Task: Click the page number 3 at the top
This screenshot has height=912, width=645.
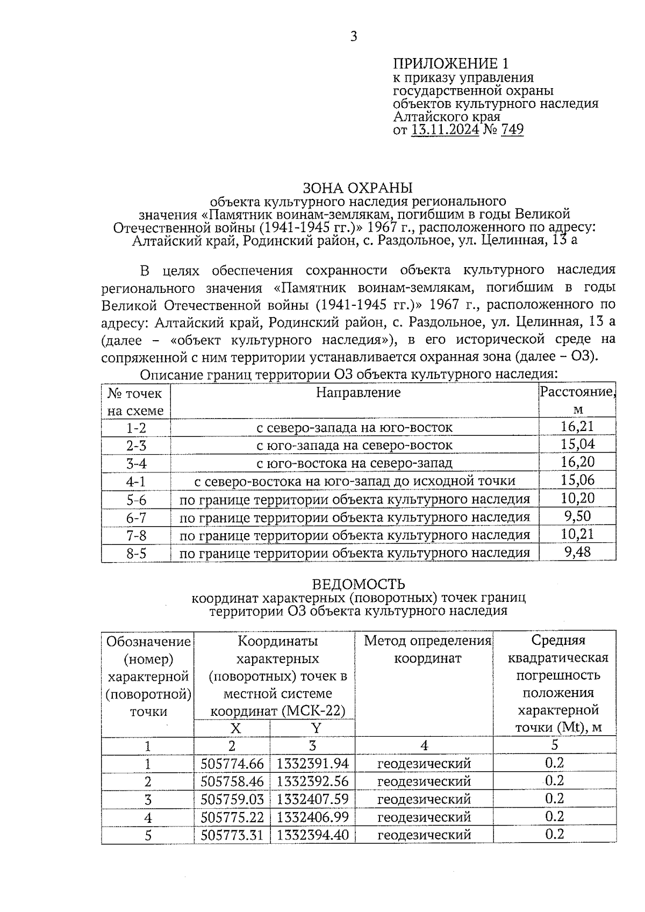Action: click(x=353, y=37)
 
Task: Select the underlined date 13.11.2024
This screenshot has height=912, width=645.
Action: click(x=445, y=130)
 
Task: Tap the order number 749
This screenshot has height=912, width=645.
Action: click(x=512, y=130)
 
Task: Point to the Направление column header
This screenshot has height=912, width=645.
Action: click(x=358, y=392)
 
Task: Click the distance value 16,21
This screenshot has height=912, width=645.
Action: click(x=577, y=427)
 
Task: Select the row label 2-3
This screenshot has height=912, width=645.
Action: click(x=136, y=446)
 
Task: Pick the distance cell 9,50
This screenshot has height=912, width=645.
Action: click(x=577, y=516)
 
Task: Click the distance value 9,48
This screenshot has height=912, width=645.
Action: click(x=577, y=552)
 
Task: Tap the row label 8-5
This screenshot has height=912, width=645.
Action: click(x=136, y=553)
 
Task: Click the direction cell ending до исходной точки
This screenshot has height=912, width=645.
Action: click(x=354, y=481)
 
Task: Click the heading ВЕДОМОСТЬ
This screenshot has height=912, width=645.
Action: click(x=359, y=584)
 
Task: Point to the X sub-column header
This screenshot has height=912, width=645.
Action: click(x=235, y=728)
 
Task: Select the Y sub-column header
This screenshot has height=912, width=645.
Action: click(x=316, y=728)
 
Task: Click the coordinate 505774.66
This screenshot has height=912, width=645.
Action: click(x=232, y=764)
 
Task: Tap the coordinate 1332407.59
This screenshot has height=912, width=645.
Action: click(x=313, y=799)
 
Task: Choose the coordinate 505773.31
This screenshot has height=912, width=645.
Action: click(x=232, y=835)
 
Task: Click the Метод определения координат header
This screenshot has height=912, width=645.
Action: click(x=428, y=649)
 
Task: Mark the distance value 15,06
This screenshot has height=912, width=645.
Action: click(x=577, y=480)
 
